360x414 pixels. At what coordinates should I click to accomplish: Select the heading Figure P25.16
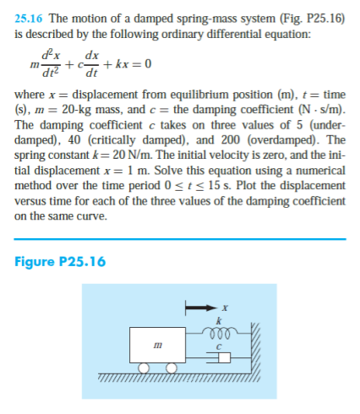[x=61, y=261]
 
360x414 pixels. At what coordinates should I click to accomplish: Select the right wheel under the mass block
[x=172, y=367]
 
